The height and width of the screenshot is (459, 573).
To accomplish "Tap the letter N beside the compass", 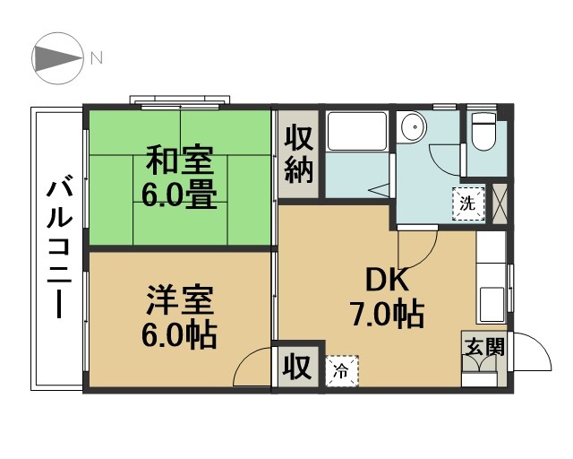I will tap(96, 58).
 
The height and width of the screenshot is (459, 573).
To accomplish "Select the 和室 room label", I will tap(180, 163).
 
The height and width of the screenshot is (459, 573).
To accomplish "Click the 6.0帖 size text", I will tap(180, 333).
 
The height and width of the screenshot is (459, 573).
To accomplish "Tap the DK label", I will tap(386, 281).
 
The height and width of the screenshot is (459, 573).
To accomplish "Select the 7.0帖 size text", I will tap(386, 315).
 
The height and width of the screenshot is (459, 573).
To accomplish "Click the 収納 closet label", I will tap(298, 153).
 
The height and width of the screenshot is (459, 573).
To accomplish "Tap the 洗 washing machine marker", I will tap(467, 202).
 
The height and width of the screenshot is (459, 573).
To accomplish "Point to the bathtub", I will tap(355, 132).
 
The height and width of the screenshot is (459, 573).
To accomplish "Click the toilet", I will tap(483, 133).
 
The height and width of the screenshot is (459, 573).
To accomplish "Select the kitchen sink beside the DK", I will tap(492, 303).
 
